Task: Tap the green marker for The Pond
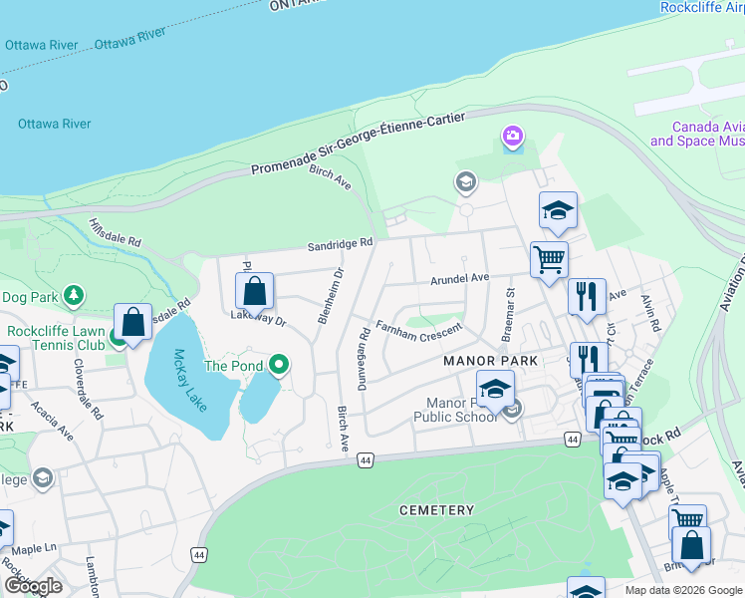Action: pos(279,366)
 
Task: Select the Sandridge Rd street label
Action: pos(340,242)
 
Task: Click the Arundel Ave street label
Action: pos(460,278)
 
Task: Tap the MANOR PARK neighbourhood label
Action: pos(490,361)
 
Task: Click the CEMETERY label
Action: pos(436,510)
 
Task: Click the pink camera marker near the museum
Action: pos(513,136)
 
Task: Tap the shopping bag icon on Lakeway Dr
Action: pos(255,292)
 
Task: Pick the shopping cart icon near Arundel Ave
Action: pos(549,260)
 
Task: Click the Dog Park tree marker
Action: pos(73,296)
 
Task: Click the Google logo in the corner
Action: pos(33,586)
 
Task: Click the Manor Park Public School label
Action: pos(461,410)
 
